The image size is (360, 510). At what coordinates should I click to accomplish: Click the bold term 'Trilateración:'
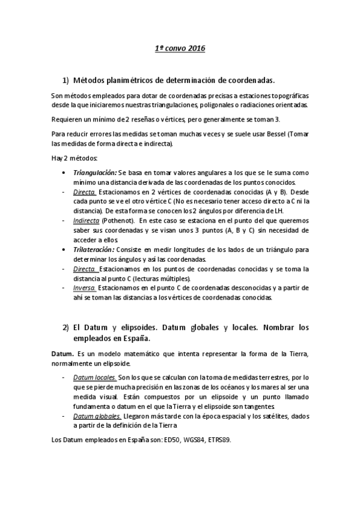pyautogui.click(x=93, y=248)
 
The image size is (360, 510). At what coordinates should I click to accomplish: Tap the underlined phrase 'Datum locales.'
pyautogui.click(x=91, y=377)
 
